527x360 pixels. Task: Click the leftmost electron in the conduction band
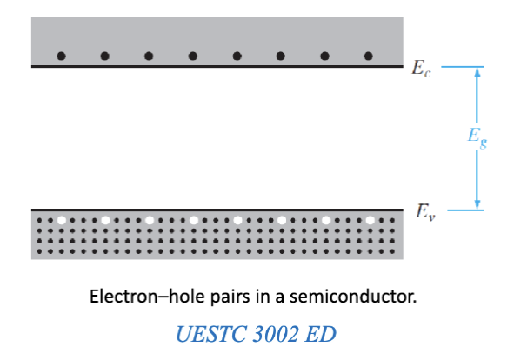click(x=61, y=57)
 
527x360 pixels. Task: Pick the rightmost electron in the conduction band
click(x=368, y=57)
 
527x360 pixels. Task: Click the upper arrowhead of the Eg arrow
click(x=477, y=74)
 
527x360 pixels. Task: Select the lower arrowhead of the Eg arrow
click(x=477, y=203)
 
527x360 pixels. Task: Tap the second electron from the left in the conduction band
click(x=105, y=57)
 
